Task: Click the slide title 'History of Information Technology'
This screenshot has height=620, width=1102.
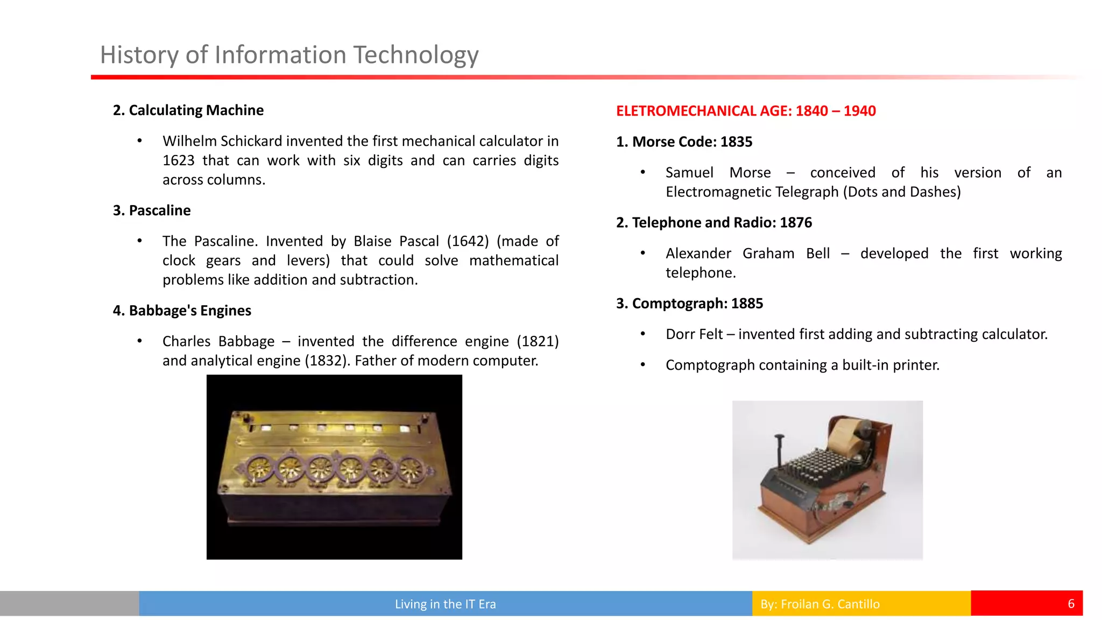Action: tap(289, 55)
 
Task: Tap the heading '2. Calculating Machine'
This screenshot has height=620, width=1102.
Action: tap(188, 110)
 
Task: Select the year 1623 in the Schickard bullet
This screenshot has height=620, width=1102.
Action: tap(178, 160)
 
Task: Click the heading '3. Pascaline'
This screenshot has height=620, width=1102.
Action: tap(151, 210)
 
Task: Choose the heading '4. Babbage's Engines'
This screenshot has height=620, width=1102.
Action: tap(182, 311)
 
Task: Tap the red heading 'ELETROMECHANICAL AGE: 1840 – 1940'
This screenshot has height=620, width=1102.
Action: tap(746, 111)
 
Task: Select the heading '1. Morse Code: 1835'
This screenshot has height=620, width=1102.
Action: tap(684, 142)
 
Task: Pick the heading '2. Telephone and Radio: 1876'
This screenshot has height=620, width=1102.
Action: tap(714, 223)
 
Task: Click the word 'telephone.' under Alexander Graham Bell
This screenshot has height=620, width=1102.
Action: tap(701, 273)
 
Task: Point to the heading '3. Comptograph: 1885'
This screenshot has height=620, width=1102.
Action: tap(689, 304)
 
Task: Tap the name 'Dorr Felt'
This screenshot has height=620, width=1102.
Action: tap(694, 334)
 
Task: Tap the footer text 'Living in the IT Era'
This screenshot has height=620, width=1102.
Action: tap(445, 604)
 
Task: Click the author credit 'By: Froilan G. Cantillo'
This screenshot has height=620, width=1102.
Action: tap(820, 604)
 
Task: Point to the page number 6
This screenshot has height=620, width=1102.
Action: tap(1071, 604)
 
